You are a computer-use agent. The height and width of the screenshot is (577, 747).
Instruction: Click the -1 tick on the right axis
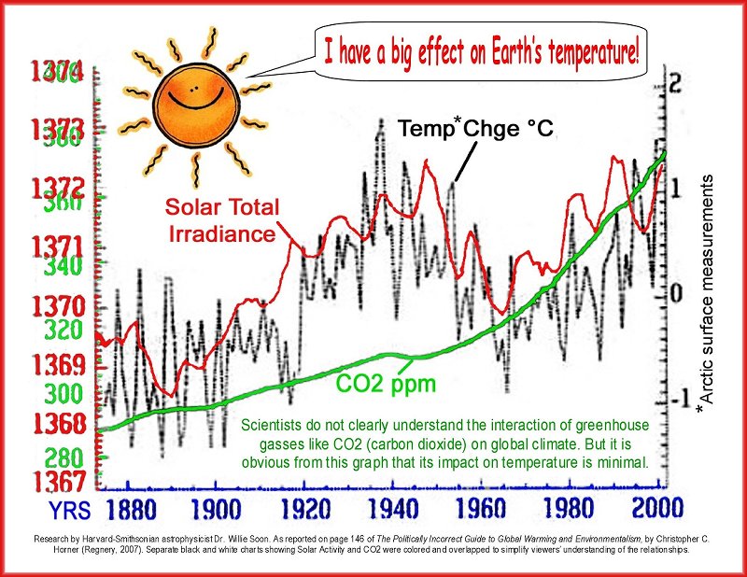point(674,397)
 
